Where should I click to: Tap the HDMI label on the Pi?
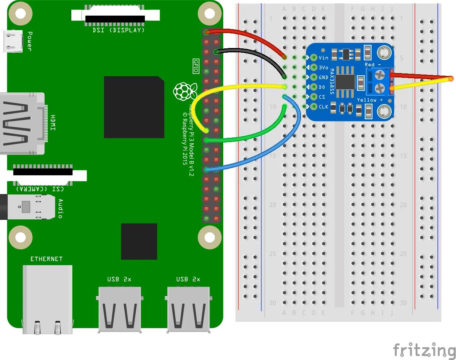[53, 123]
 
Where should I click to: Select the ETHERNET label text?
[46, 259]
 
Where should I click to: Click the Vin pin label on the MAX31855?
[323, 58]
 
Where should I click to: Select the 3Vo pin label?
[323, 68]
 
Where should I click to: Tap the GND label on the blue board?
[323, 77]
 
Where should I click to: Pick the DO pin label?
[322, 87]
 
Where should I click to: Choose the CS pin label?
[322, 97]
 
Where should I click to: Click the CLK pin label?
[323, 107]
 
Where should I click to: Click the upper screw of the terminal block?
[380, 75]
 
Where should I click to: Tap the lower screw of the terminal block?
[380, 88]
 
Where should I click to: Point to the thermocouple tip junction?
[451, 79]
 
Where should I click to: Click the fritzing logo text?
[424, 351]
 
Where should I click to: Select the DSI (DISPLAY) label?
[119, 30]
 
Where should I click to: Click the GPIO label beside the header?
[196, 66]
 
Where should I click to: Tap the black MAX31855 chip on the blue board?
[345, 82]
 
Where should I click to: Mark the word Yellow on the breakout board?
[367, 100]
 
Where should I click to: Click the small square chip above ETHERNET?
[139, 241]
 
